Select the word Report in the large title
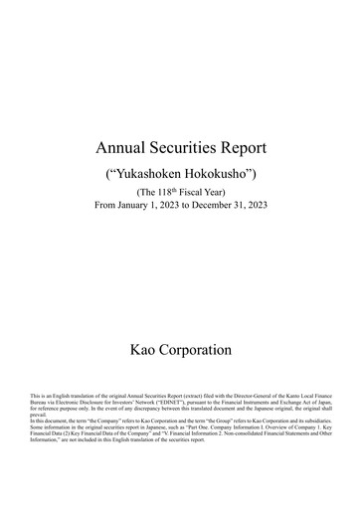pos(243,149)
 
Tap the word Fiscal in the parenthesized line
pos(192,192)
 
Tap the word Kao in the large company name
pos(147,350)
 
